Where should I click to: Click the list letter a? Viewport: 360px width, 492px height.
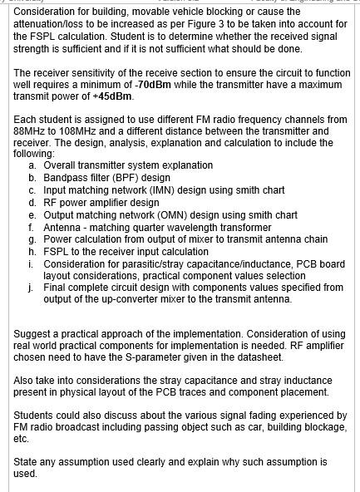[32, 165]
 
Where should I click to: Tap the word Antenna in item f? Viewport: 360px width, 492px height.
[62, 227]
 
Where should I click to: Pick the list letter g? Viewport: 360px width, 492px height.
[32, 239]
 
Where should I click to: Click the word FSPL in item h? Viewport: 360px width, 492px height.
[57, 251]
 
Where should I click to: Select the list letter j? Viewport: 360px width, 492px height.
[32, 288]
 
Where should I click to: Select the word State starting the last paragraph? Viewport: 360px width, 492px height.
[27, 461]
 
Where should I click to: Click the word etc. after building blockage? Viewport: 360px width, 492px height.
[22, 438]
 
